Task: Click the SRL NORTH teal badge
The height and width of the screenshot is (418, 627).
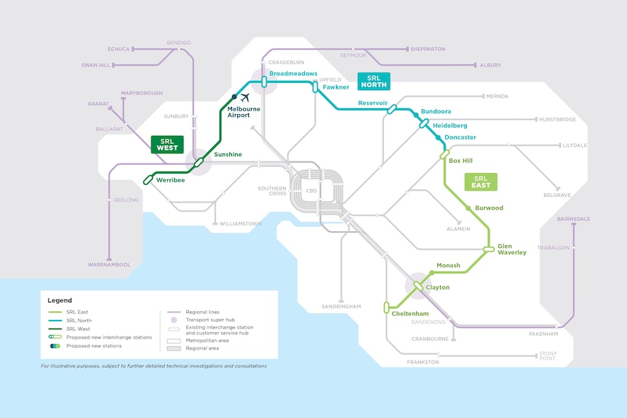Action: pyautogui.click(x=373, y=81)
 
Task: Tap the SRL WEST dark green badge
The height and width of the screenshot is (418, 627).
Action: pyautogui.click(x=167, y=144)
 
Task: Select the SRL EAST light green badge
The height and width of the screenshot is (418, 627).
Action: pyautogui.click(x=481, y=182)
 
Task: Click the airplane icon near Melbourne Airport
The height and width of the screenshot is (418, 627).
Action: pyautogui.click(x=244, y=97)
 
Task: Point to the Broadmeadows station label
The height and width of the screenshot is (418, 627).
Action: pyautogui.click(x=293, y=73)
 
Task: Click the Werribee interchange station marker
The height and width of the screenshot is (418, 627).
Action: pyautogui.click(x=148, y=180)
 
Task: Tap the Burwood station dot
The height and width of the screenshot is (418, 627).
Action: pyautogui.click(x=468, y=208)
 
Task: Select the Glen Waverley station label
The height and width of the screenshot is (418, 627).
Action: pyautogui.click(x=512, y=249)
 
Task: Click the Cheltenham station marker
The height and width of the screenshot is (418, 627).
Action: pyautogui.click(x=386, y=308)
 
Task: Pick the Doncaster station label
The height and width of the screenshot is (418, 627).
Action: pyautogui.click(x=460, y=137)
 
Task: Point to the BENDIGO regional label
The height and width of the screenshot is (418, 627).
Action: pyautogui.click(x=179, y=43)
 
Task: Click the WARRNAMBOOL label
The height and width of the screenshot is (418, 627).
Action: pyautogui.click(x=109, y=265)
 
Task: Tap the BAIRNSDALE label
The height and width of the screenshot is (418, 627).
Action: pyautogui.click(x=573, y=219)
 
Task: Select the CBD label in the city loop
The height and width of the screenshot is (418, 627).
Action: pyautogui.click(x=311, y=191)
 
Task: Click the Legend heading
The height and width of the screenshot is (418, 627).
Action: pyautogui.click(x=60, y=300)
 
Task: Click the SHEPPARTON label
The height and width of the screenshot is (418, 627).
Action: pyautogui.click(x=428, y=49)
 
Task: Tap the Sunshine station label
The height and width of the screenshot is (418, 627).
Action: pyautogui.click(x=228, y=154)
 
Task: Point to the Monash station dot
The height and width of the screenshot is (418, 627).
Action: pyautogui.click(x=432, y=273)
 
